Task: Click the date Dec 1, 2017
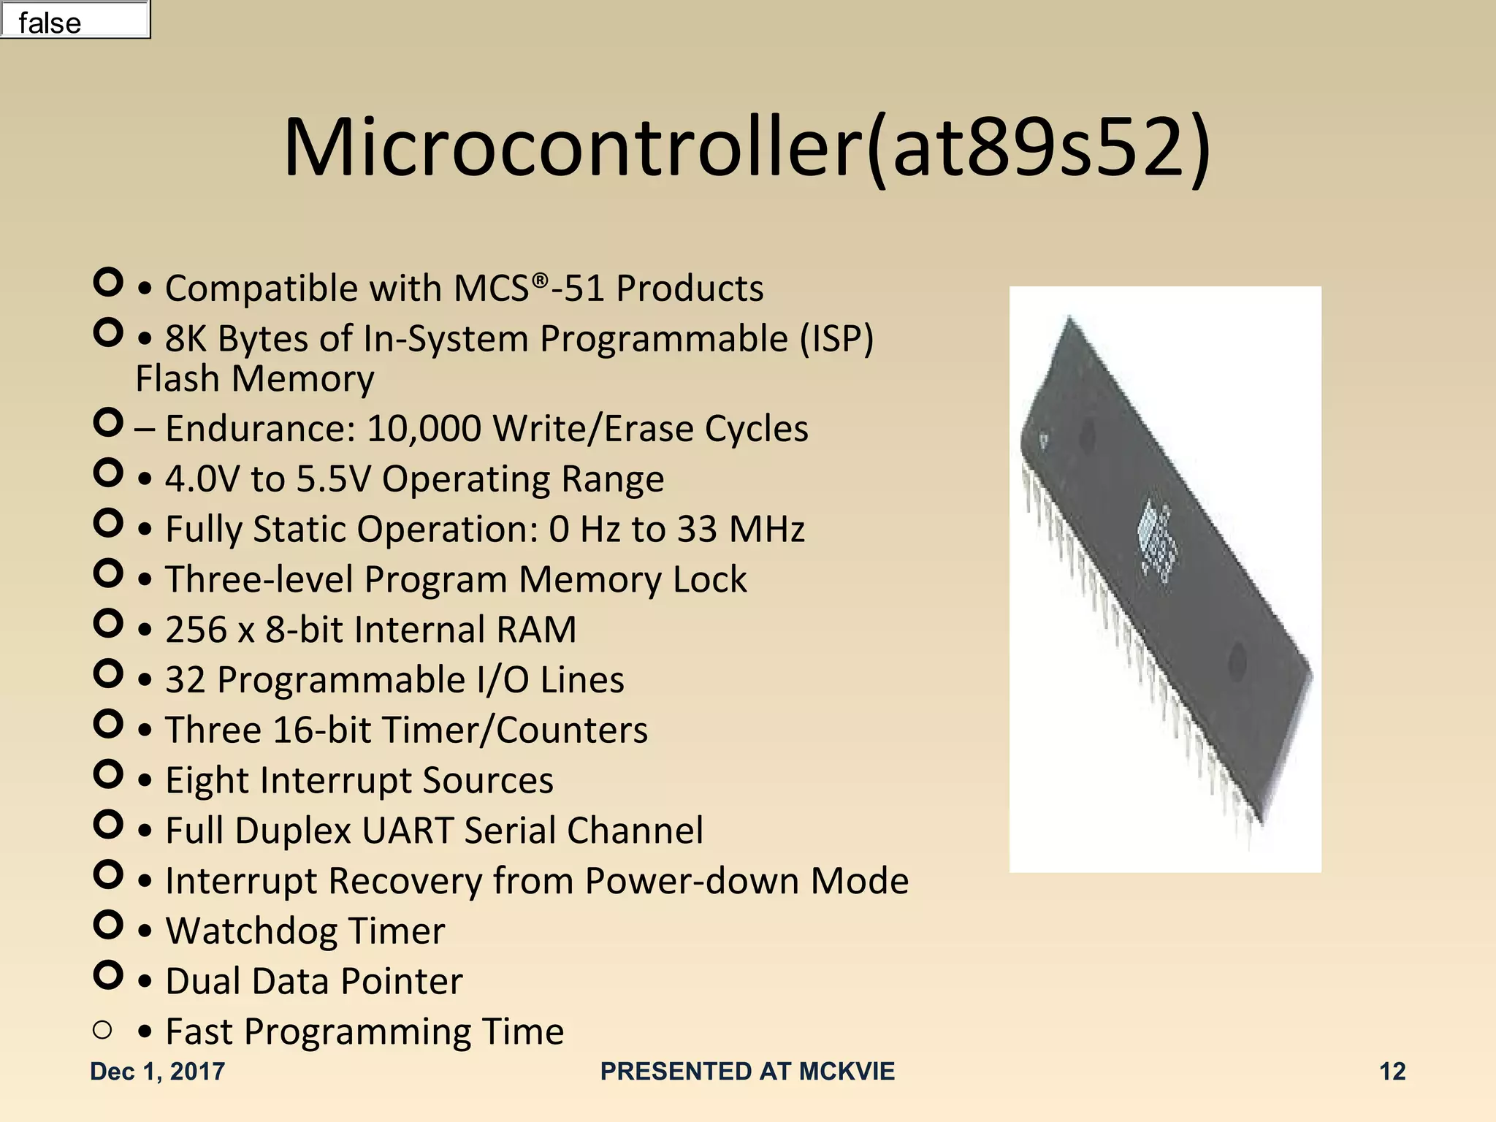click(x=157, y=1071)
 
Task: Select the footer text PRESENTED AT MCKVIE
click(x=747, y=1071)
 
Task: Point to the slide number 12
click(x=1392, y=1071)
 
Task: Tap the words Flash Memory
click(x=255, y=379)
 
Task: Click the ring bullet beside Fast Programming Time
click(x=102, y=1030)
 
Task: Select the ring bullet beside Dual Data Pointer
click(x=108, y=974)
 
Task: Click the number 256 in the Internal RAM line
click(x=196, y=630)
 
